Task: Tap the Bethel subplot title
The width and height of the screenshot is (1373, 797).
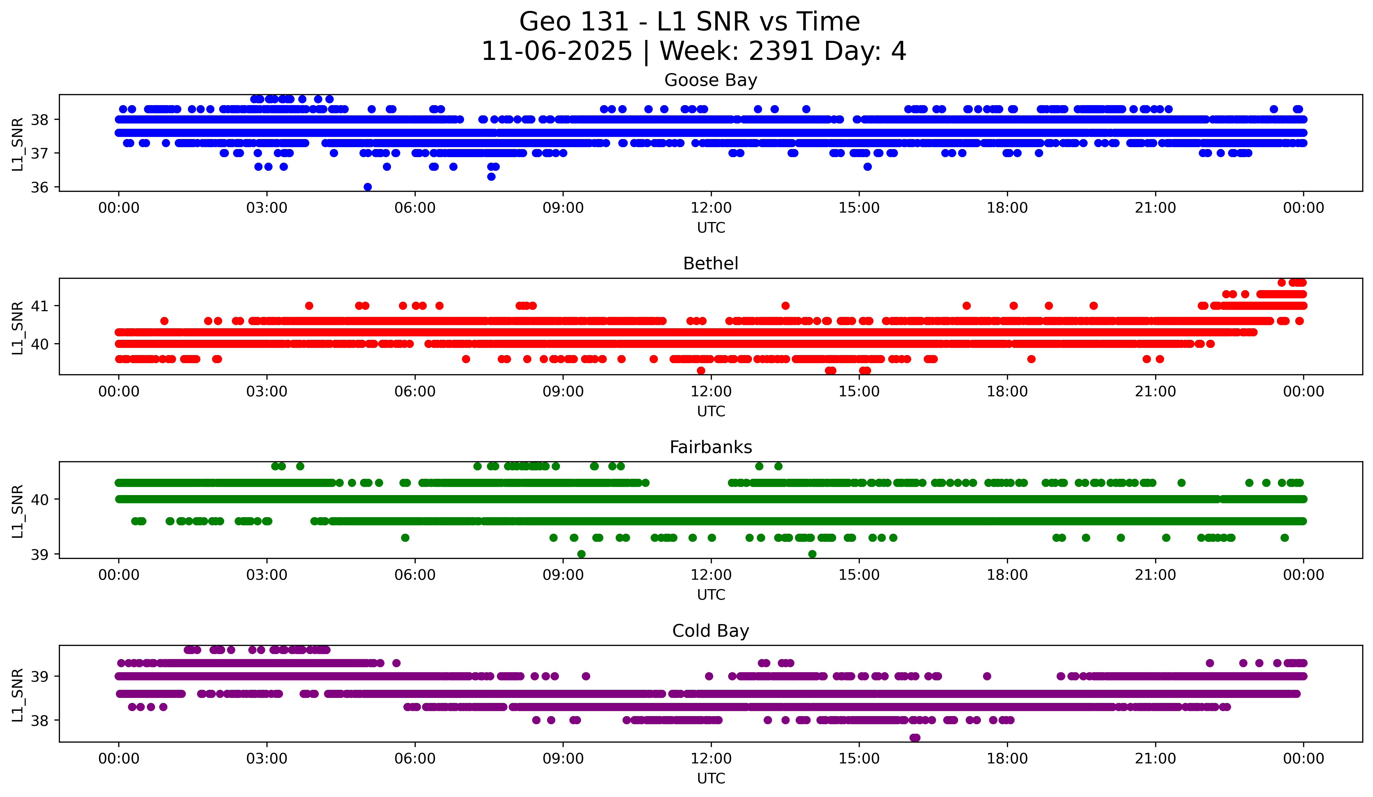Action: pos(711,264)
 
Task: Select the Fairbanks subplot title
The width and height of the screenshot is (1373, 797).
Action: pos(711,447)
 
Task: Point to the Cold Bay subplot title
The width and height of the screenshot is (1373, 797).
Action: pos(711,631)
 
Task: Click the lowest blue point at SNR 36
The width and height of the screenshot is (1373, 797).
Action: pos(368,187)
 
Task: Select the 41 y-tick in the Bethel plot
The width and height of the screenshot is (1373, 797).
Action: pos(39,306)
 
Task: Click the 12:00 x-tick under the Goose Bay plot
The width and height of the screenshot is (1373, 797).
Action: pos(711,208)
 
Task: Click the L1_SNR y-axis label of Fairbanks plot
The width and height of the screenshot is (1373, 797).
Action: pos(17,511)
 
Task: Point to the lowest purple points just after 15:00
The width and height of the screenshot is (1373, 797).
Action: pos(915,738)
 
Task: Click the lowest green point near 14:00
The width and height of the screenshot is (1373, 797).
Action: pos(812,554)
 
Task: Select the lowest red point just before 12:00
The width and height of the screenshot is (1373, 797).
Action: pos(701,371)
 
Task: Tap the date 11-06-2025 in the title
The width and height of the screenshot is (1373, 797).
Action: pos(557,51)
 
